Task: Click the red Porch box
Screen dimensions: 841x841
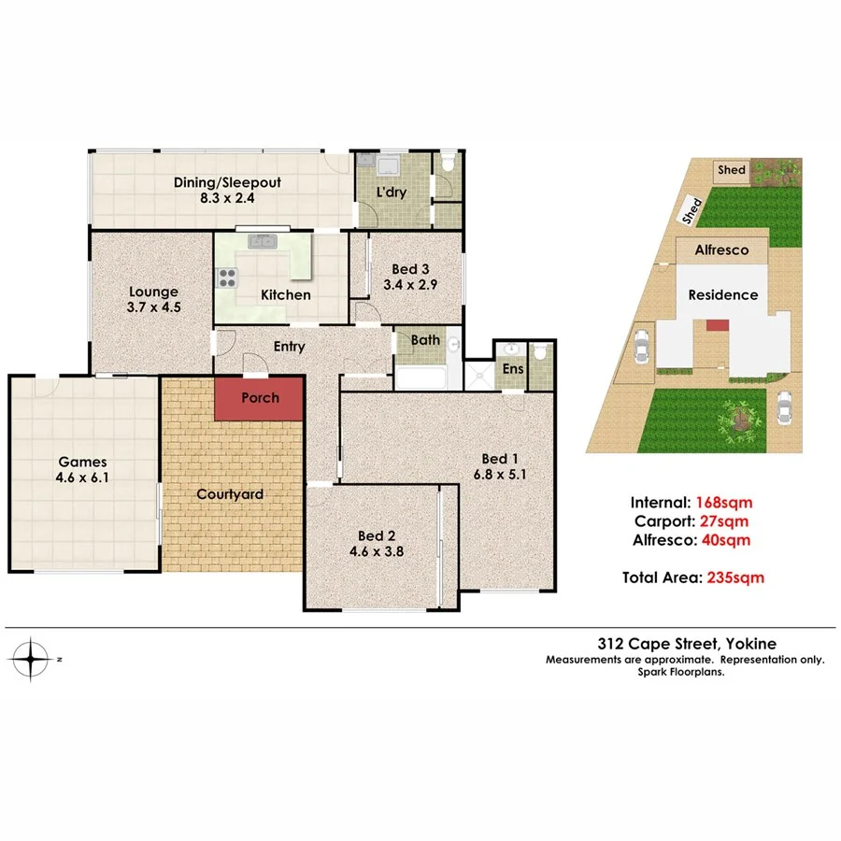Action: point(260,398)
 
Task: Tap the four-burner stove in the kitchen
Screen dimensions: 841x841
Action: point(228,278)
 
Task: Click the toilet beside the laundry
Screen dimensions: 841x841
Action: point(449,165)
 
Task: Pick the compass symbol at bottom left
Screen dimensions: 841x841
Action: point(34,659)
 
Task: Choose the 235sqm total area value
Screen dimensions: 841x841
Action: point(734,577)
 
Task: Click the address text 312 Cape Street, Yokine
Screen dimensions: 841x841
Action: point(687,643)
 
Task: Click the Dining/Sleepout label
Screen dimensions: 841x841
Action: point(227,182)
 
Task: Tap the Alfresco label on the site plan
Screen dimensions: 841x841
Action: point(724,250)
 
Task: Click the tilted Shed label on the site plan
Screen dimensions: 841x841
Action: point(693,210)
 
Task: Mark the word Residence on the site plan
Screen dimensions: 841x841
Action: point(723,294)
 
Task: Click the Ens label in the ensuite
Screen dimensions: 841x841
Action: point(512,370)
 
